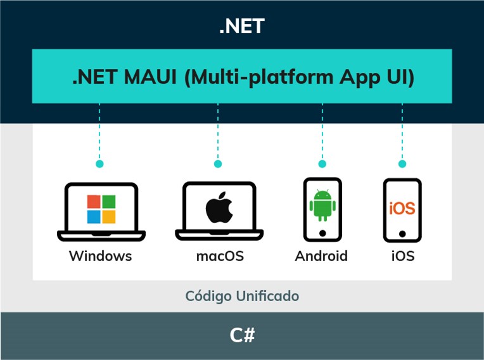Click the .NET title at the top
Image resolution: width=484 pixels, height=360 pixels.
(x=241, y=27)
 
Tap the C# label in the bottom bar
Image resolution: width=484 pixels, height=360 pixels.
(x=242, y=335)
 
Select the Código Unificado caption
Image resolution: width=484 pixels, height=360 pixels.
(x=242, y=296)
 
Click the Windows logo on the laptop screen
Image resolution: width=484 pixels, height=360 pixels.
(x=101, y=209)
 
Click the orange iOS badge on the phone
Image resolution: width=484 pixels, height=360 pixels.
(x=402, y=208)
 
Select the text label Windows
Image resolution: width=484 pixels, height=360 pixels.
(x=101, y=256)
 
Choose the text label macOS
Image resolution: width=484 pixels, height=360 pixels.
(x=220, y=256)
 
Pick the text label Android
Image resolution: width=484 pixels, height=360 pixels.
(x=321, y=256)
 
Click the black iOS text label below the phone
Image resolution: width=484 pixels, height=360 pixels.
(x=402, y=256)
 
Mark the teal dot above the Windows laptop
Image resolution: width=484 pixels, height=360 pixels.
(x=99, y=164)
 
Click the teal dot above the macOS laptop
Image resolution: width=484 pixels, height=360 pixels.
(x=218, y=164)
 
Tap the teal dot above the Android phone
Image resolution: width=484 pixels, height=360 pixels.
(x=322, y=164)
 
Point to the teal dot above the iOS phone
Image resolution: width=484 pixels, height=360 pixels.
(x=402, y=164)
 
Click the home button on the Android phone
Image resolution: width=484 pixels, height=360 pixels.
(x=322, y=233)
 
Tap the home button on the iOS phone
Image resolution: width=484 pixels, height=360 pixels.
(x=402, y=233)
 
